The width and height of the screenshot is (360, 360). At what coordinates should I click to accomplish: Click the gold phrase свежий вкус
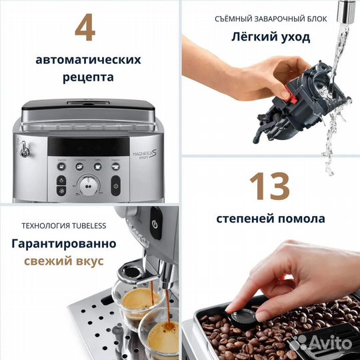pyautogui.click(x=63, y=261)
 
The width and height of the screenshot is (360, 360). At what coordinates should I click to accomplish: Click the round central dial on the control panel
pyautogui.click(x=88, y=187)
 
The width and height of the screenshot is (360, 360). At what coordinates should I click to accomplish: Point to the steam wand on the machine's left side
pyautogui.click(x=24, y=151)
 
